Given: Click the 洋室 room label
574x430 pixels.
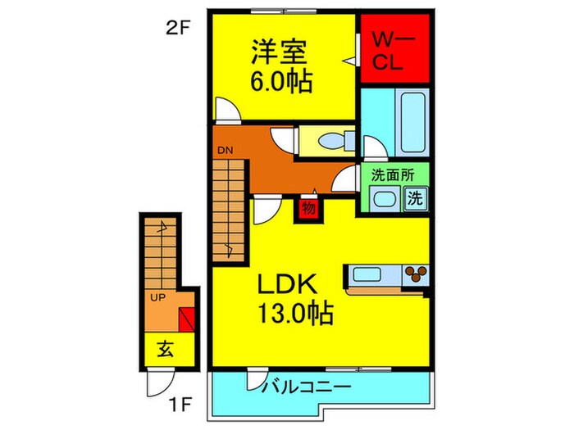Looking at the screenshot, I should click(279, 53).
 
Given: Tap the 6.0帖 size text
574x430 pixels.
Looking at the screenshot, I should click(280, 83).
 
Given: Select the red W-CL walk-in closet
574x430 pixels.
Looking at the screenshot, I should click(396, 50).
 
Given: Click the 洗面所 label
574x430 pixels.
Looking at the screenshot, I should click(392, 174).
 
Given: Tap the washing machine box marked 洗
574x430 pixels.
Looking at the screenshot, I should click(417, 197).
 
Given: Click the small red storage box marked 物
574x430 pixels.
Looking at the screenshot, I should click(307, 208).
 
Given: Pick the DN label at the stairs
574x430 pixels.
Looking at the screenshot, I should click(225, 151).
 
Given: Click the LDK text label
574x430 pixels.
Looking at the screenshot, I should click(288, 285).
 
